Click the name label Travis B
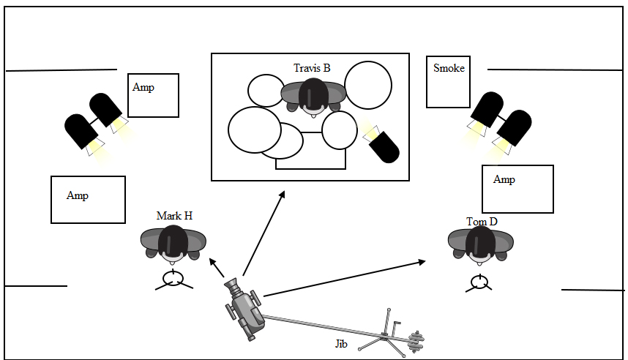312,68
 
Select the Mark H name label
173,216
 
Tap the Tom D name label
481,221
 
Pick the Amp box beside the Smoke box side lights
517,189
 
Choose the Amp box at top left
153,95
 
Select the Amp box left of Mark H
88,200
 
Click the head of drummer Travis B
313,96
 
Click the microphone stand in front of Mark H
173,279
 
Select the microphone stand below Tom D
479,281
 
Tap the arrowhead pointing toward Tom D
422,261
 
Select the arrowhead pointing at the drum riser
282,195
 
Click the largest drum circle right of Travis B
367,86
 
